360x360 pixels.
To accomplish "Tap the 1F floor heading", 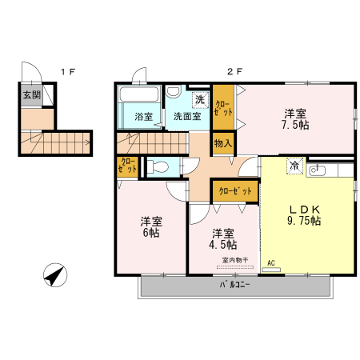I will pyautogui.click(x=68, y=71).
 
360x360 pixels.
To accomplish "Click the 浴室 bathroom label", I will pyautogui.click(x=143, y=116).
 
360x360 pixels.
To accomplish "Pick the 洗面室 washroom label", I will pyautogui.click(x=187, y=116).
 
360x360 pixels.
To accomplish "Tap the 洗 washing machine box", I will pyautogui.click(x=198, y=100).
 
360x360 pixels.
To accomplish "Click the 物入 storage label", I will pyautogui.click(x=223, y=144).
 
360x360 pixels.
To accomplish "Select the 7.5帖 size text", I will pyautogui.click(x=295, y=126).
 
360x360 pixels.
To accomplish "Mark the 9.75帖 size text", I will pyautogui.click(x=305, y=221).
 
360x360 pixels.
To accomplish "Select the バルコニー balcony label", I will pyautogui.click(x=235, y=285).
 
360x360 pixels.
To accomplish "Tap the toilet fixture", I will pyautogui.click(x=157, y=167).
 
